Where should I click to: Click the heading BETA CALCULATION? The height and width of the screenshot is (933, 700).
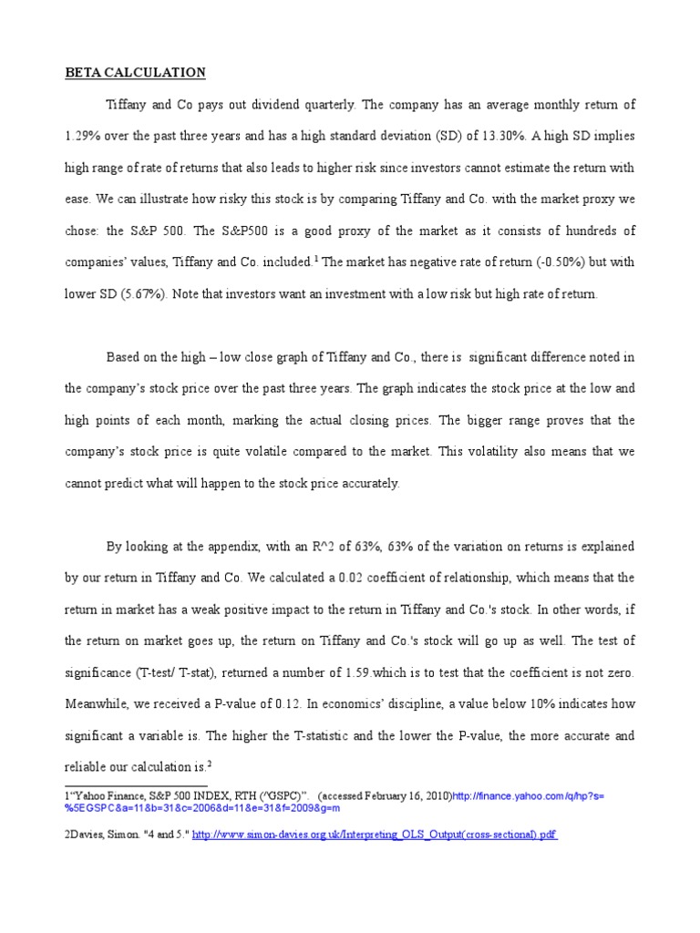tap(135, 73)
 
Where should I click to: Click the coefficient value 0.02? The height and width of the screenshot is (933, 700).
tap(352, 579)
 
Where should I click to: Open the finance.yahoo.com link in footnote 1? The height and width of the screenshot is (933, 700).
tap(528, 795)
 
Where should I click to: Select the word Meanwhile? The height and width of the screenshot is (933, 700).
tap(99, 704)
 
